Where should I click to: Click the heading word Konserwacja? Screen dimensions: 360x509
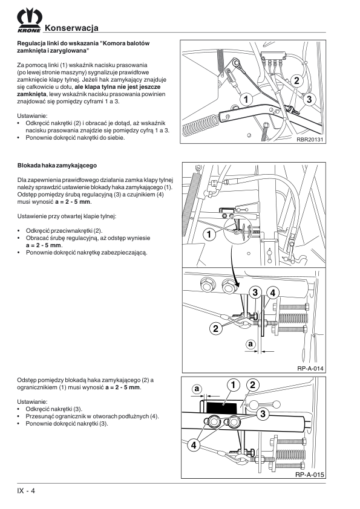point(71,28)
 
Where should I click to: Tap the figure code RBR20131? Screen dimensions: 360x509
point(310,140)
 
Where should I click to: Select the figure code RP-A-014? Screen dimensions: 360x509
point(310,368)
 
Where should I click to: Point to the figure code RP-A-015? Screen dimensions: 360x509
point(310,475)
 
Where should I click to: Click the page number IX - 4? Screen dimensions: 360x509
point(26,490)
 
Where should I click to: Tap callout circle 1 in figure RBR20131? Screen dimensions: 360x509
point(246,99)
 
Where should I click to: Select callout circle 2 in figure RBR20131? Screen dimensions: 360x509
point(296,80)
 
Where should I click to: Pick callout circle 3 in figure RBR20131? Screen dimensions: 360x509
point(309,99)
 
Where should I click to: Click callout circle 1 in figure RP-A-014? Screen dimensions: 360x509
point(209,234)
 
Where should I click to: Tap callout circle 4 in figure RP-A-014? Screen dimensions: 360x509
point(273,293)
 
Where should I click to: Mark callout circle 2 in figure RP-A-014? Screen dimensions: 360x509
point(215,328)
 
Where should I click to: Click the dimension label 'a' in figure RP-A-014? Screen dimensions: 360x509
point(250,343)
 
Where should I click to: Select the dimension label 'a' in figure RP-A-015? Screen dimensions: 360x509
point(197,389)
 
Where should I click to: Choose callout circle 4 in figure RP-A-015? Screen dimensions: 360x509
point(194,445)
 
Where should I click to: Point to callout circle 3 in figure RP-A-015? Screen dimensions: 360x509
point(263,413)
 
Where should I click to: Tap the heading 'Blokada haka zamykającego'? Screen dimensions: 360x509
point(57,166)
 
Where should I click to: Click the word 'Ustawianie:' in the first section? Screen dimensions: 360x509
point(32,116)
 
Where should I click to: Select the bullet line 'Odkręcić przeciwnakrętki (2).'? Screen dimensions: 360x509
point(64,231)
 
